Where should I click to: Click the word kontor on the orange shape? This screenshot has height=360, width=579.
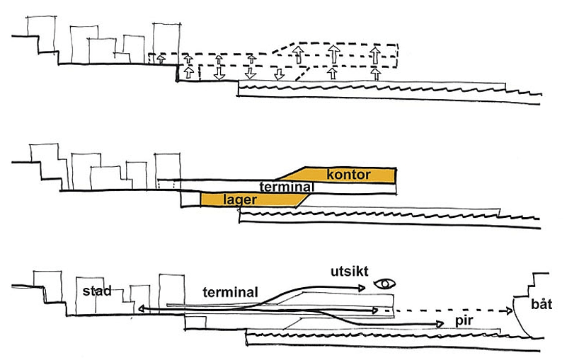click(348, 175)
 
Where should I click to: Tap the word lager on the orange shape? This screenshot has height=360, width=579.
click(240, 199)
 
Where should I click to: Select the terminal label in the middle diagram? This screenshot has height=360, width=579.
click(287, 187)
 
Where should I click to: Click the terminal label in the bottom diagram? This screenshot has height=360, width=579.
click(230, 292)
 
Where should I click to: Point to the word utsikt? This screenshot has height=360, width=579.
click(350, 272)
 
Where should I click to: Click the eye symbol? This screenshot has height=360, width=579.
click(385, 284)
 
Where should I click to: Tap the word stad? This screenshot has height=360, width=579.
click(97, 291)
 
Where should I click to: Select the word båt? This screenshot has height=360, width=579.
click(541, 304)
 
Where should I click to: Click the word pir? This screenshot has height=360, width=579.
click(464, 321)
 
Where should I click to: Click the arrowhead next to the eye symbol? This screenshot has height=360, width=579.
click(362, 288)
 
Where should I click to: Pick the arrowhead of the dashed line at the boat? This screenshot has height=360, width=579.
click(509, 311)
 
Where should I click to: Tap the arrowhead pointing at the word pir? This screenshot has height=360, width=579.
click(440, 324)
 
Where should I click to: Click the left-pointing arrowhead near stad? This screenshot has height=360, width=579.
click(142, 309)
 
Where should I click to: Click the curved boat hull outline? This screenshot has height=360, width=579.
click(521, 318)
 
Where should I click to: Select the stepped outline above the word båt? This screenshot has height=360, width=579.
click(532, 285)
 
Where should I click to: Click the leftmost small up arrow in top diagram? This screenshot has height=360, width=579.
click(161, 59)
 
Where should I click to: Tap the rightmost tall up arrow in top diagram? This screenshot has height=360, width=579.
click(375, 54)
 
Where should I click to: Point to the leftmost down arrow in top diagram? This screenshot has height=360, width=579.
click(219, 74)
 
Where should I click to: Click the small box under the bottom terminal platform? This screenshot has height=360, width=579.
click(195, 323)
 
